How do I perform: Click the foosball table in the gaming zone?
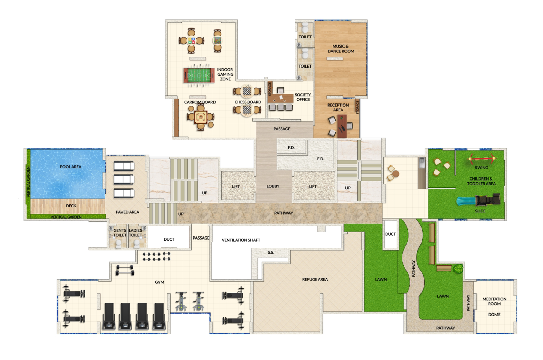click(199, 75)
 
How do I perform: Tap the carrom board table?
click(201, 117)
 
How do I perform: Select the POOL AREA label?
click(71, 167)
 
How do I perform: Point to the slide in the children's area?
click(479, 201)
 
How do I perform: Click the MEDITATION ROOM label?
click(494, 301)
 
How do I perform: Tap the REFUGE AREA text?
click(315, 279)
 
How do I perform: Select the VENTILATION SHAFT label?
click(241, 240)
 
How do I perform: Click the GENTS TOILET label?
click(120, 233)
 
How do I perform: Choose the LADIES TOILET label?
click(135, 233)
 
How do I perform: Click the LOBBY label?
click(273, 186)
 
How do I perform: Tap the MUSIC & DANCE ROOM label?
click(341, 49)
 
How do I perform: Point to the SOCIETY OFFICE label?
click(303, 97)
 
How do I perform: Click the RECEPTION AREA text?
click(338, 107)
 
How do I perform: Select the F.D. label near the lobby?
click(291, 148)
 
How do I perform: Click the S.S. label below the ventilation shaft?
click(271, 252)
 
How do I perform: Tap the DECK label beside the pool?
click(71, 206)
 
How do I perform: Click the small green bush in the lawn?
click(458, 269)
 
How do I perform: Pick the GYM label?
click(160, 282)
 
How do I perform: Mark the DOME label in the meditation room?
click(494, 315)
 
